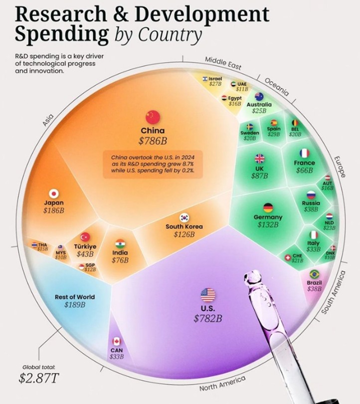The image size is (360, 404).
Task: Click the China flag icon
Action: point(152,117)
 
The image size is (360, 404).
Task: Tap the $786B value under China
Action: point(152,141)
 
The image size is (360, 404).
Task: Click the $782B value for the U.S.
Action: point(207,318)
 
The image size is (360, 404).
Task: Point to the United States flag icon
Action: point(207,295)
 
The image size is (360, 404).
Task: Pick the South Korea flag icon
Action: point(185,217)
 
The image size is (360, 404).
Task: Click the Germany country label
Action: point(268,217)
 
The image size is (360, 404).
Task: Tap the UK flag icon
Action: point(259,159)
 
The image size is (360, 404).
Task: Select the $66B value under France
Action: point(304,171)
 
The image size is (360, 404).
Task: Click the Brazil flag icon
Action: point(315,274)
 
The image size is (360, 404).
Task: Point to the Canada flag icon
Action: point(117,342)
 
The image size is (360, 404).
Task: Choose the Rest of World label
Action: point(75,297)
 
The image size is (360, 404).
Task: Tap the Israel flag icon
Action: point(205,79)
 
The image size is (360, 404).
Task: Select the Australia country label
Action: point(259,105)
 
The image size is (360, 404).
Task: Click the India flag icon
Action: point(120,244)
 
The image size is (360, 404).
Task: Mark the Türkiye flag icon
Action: point(85,237)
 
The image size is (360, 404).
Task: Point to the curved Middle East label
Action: point(223,63)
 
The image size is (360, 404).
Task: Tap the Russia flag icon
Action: point(311,195)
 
